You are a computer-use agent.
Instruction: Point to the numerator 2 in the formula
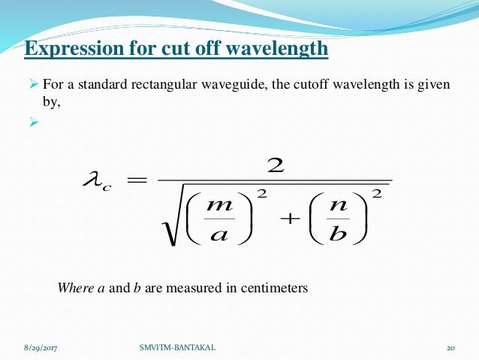click(x=276, y=165)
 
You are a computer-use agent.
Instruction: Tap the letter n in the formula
click(x=336, y=205)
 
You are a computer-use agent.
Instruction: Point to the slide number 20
click(x=451, y=347)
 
